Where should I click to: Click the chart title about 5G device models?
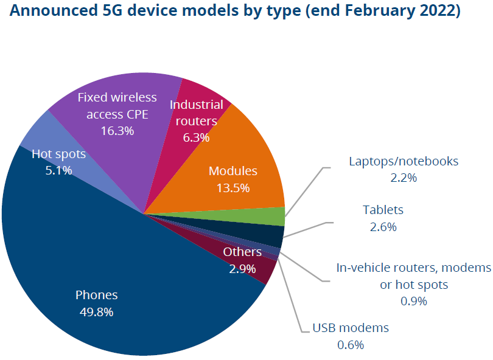(x=235, y=12)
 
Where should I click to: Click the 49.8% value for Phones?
(x=96, y=312)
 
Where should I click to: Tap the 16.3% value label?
(x=117, y=130)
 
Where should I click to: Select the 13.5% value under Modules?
(x=233, y=188)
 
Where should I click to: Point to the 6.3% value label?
(x=196, y=137)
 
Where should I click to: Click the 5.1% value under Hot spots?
(x=58, y=170)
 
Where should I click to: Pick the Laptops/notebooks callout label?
(x=403, y=162)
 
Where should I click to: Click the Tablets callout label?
(x=383, y=210)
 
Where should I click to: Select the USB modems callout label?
(x=350, y=328)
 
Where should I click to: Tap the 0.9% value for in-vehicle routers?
(x=413, y=301)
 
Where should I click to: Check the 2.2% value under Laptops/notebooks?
(x=403, y=178)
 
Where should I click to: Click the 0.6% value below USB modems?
(x=350, y=345)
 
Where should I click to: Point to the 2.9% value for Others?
(x=242, y=268)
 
